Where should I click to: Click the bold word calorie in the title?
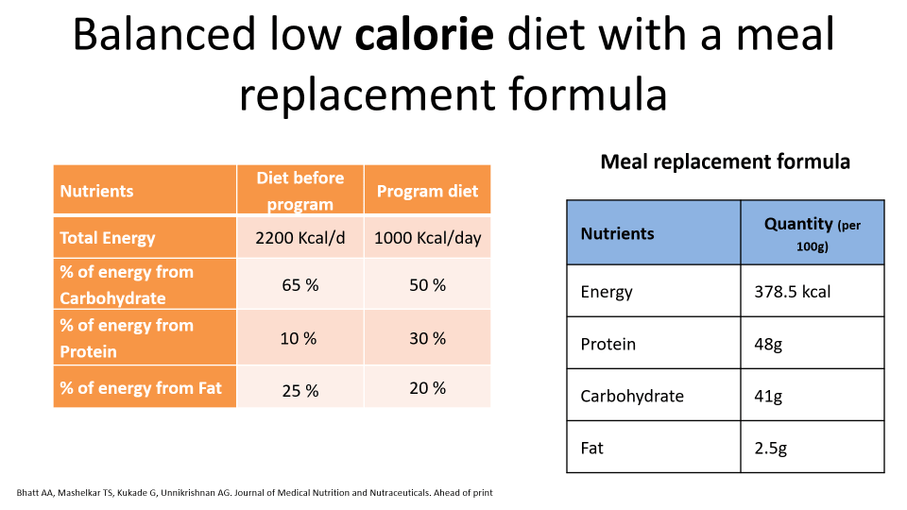(x=425, y=36)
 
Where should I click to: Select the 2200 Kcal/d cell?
(x=299, y=238)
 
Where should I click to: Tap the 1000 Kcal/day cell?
(x=427, y=238)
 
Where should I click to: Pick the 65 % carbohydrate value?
(x=299, y=284)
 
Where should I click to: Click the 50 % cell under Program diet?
(x=427, y=284)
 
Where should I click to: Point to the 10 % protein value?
(x=299, y=338)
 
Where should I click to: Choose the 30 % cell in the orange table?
(x=427, y=338)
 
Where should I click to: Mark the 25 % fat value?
(x=299, y=389)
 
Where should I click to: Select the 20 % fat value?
(x=427, y=388)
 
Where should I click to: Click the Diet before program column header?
(x=299, y=191)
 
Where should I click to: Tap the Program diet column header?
(x=427, y=191)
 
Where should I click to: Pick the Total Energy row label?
(x=107, y=238)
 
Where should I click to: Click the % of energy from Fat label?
(x=141, y=388)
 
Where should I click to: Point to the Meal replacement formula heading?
(x=725, y=161)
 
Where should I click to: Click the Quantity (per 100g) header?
(x=812, y=233)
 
